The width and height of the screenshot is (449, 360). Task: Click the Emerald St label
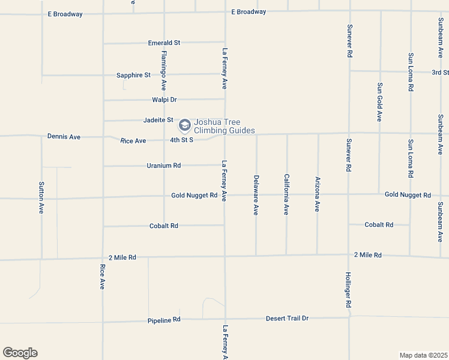164,43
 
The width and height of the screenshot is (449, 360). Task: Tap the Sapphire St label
133,75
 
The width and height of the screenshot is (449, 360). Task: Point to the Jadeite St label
158,120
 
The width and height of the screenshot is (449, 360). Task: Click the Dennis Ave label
64,137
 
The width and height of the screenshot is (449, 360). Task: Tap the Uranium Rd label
163,166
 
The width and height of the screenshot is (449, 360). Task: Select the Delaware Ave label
256,195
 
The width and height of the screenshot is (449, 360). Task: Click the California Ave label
287,194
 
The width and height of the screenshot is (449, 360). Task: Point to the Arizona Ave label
318,194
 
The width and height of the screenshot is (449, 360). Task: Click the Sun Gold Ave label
379,102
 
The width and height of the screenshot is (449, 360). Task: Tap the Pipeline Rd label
164,320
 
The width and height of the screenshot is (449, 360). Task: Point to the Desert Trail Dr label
287,318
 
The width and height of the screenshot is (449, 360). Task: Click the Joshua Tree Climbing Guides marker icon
184,126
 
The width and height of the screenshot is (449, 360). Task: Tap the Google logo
20,353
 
